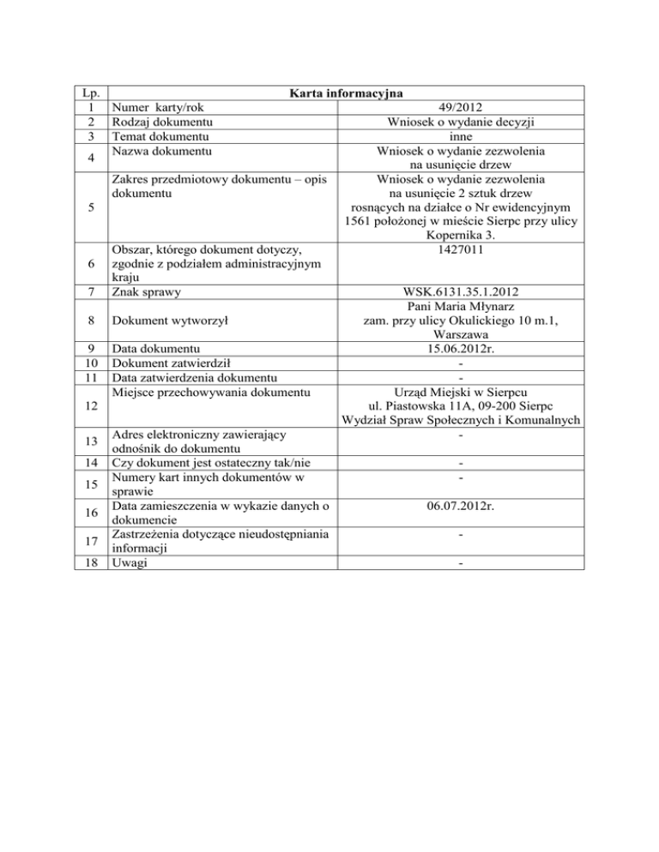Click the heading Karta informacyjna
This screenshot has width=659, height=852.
[348, 93]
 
